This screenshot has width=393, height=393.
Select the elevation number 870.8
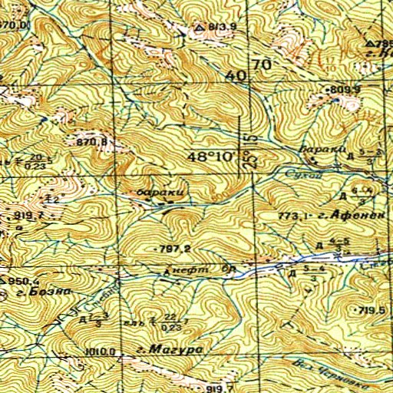[89, 143]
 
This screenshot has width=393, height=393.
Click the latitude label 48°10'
[213, 157]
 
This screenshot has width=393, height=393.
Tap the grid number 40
[237, 76]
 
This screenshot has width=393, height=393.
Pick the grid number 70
[261, 66]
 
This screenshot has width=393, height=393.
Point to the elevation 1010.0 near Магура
[101, 352]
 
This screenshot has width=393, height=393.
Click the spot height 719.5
[370, 309]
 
